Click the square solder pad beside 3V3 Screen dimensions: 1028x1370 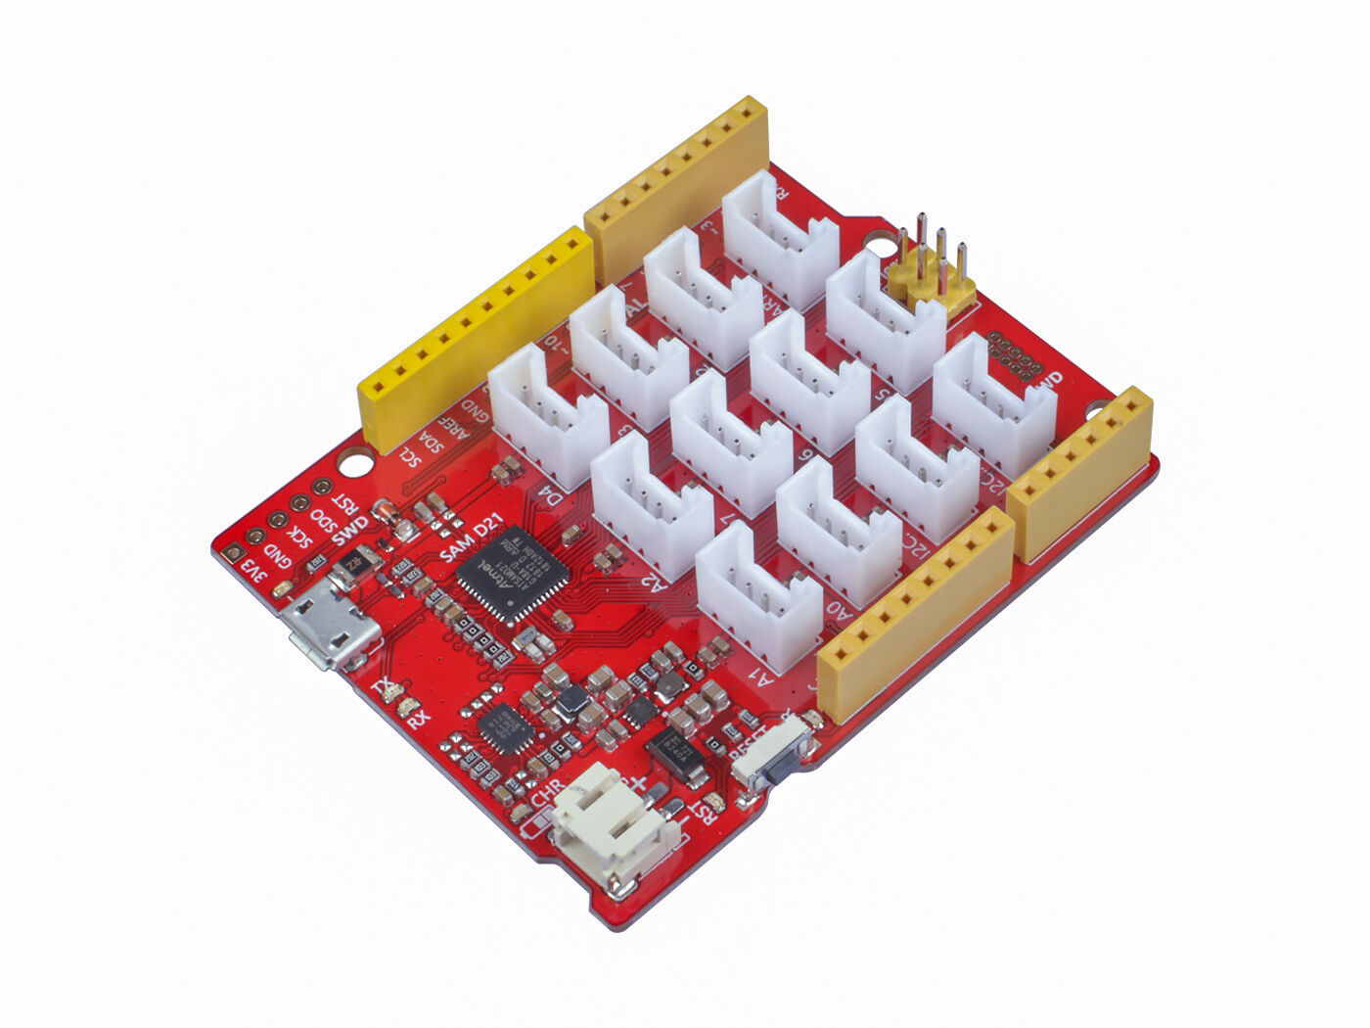click(x=232, y=554)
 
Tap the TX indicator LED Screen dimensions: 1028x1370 click(x=394, y=692)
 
